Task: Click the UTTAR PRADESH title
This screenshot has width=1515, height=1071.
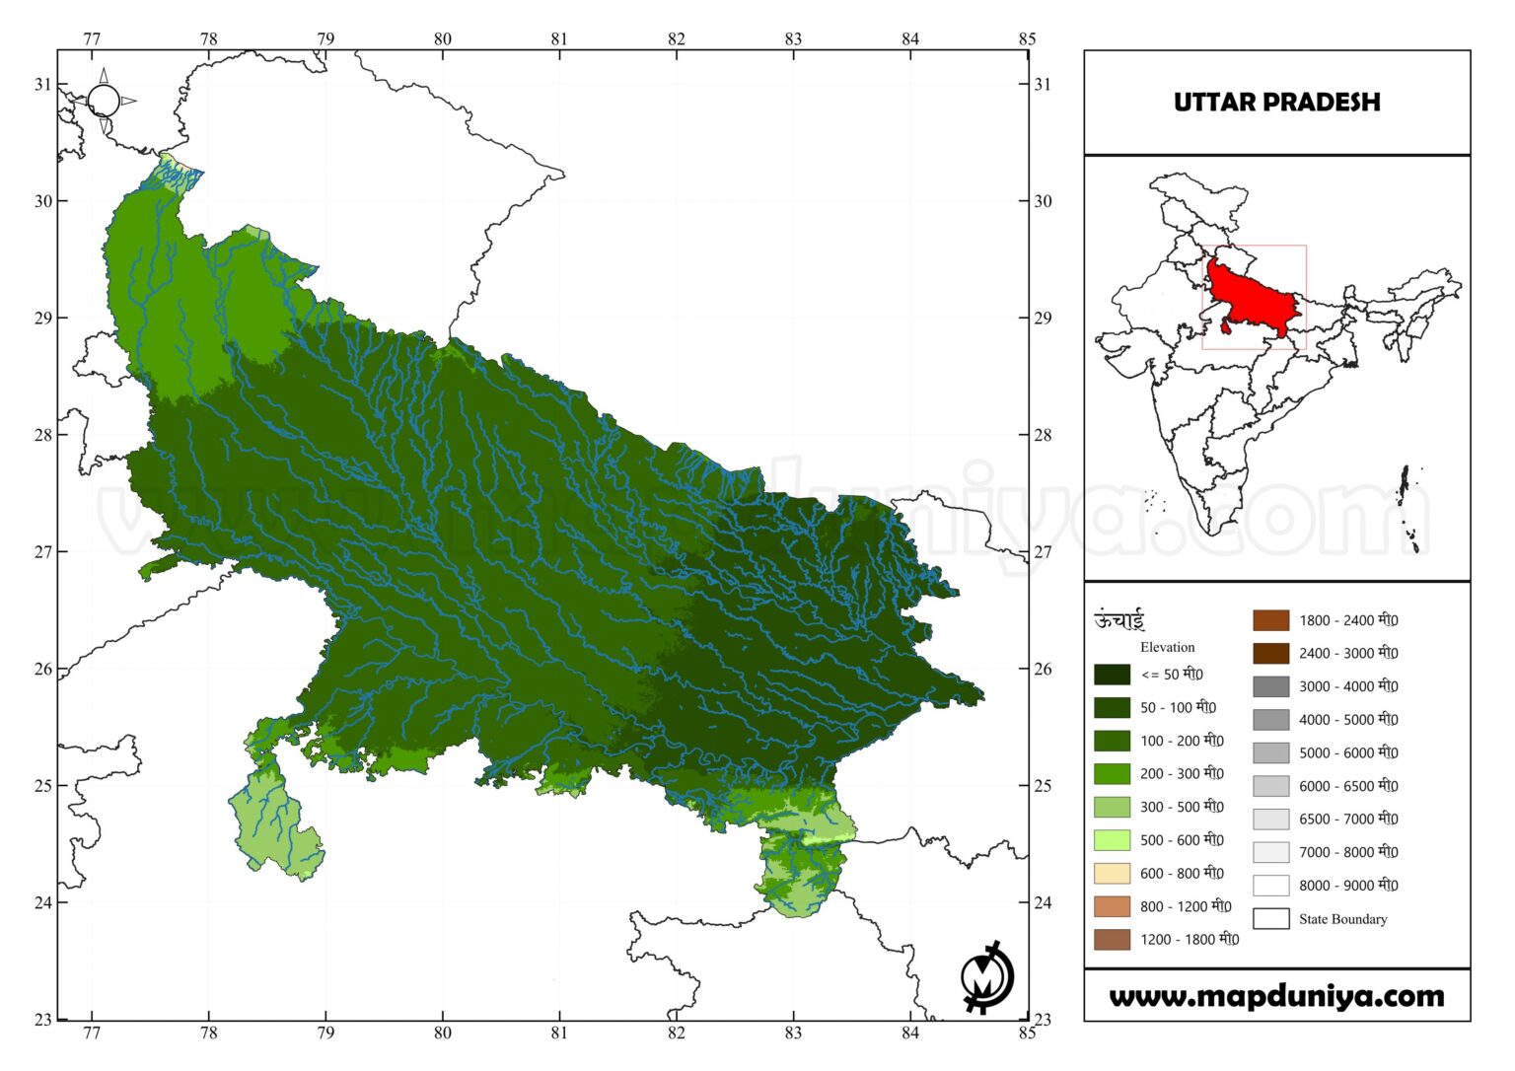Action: pos(1276,103)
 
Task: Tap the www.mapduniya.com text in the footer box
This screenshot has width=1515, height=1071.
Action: pos(1276,996)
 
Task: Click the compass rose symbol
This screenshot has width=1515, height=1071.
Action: pos(104,101)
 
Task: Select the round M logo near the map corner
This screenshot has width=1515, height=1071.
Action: pos(986,977)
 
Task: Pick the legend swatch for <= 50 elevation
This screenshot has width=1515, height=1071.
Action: pos(1112,675)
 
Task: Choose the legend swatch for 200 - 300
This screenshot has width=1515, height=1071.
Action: pos(1112,774)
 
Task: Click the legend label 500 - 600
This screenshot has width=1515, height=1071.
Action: pos(1182,840)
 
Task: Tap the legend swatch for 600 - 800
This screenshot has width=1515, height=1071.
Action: pos(1112,874)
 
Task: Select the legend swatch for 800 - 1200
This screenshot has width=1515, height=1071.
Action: pos(1112,906)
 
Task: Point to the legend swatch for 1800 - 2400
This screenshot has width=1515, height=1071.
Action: pos(1270,620)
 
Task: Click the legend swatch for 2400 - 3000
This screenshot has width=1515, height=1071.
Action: pos(1270,653)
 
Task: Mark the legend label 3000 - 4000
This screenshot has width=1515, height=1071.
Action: pos(1347,686)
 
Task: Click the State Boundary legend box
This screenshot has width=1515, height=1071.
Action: pos(1270,919)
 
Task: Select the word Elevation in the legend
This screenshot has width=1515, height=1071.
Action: pos(1167,647)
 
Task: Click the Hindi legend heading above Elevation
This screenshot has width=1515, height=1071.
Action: pos(1118,620)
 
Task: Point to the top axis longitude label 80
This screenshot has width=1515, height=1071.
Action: pos(443,39)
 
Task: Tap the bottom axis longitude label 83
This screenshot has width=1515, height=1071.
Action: pos(793,1033)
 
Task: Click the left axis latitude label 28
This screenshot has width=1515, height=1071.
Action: pos(42,435)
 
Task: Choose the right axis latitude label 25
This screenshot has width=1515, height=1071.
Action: pos(1043,786)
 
